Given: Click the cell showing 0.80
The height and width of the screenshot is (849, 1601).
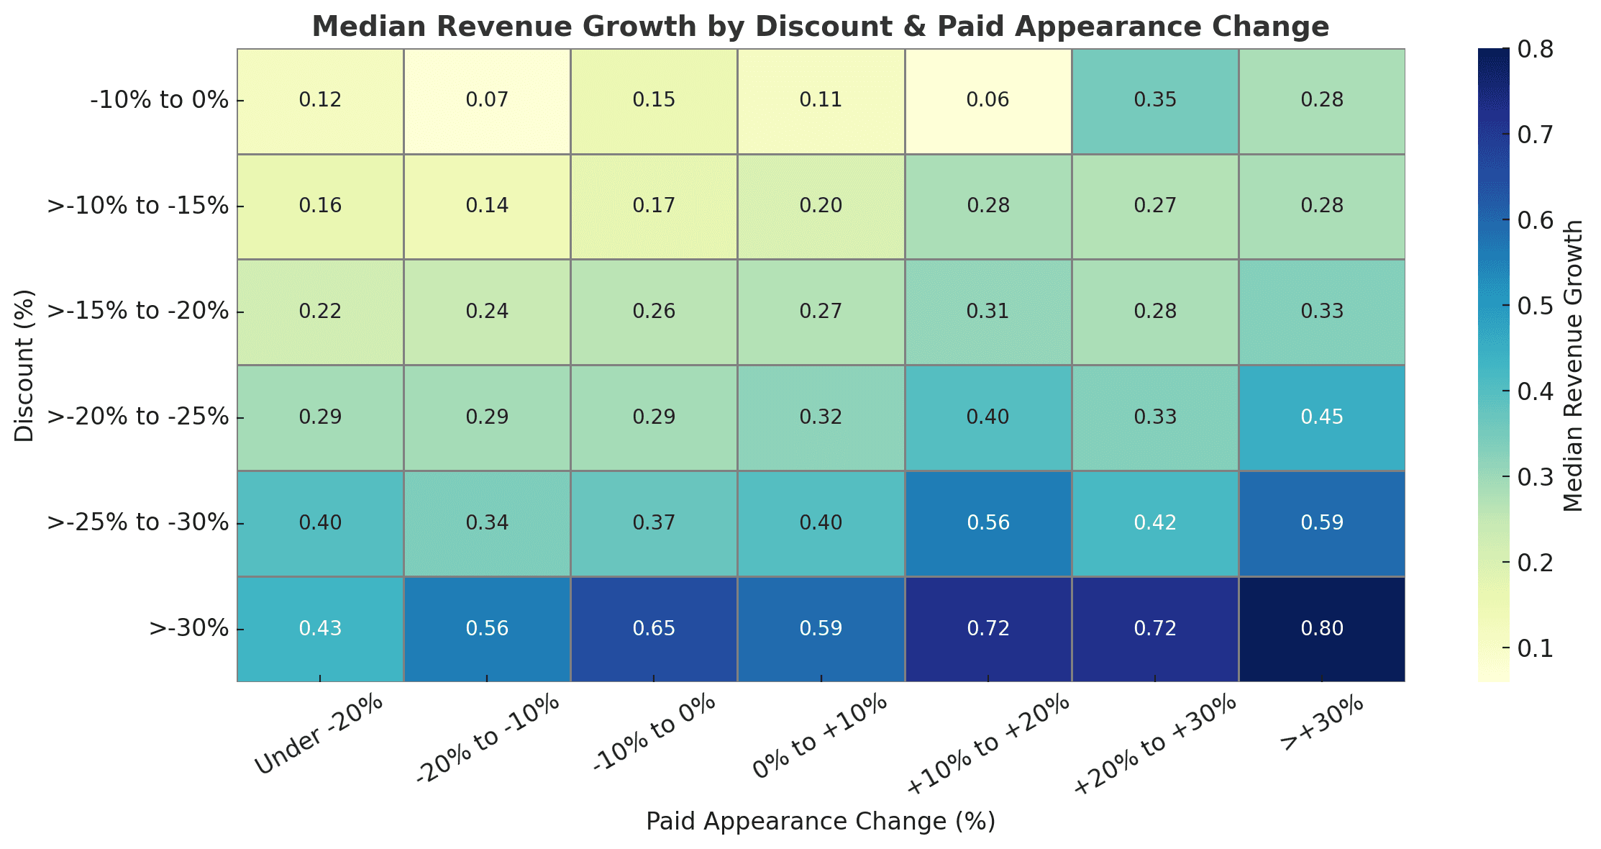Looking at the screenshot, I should [x=1321, y=628].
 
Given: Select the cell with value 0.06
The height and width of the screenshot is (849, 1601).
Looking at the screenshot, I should [x=987, y=100].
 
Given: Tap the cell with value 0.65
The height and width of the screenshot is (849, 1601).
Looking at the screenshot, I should [x=654, y=628].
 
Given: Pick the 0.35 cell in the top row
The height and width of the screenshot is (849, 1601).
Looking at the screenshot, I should [x=1154, y=100].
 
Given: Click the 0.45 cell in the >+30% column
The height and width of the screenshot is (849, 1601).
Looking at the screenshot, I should [x=1321, y=417].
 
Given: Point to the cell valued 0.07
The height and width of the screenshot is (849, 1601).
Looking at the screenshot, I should [x=487, y=100].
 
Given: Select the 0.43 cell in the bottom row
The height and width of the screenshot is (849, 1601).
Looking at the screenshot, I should [x=320, y=628].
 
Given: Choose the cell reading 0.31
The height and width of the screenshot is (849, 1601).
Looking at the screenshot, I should [x=987, y=312].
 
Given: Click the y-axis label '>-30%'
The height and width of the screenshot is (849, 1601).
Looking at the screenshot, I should [x=188, y=628].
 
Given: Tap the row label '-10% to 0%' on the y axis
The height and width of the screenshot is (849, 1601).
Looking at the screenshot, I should [x=159, y=100].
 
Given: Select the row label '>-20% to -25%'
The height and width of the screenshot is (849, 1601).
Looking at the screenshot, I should [x=137, y=417].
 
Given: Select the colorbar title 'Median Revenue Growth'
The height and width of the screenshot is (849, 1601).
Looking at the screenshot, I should [x=1573, y=366].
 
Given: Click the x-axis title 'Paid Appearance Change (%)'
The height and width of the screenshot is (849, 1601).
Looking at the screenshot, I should [x=820, y=822].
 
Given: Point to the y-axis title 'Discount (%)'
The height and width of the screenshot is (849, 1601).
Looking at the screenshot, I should [x=24, y=366].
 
